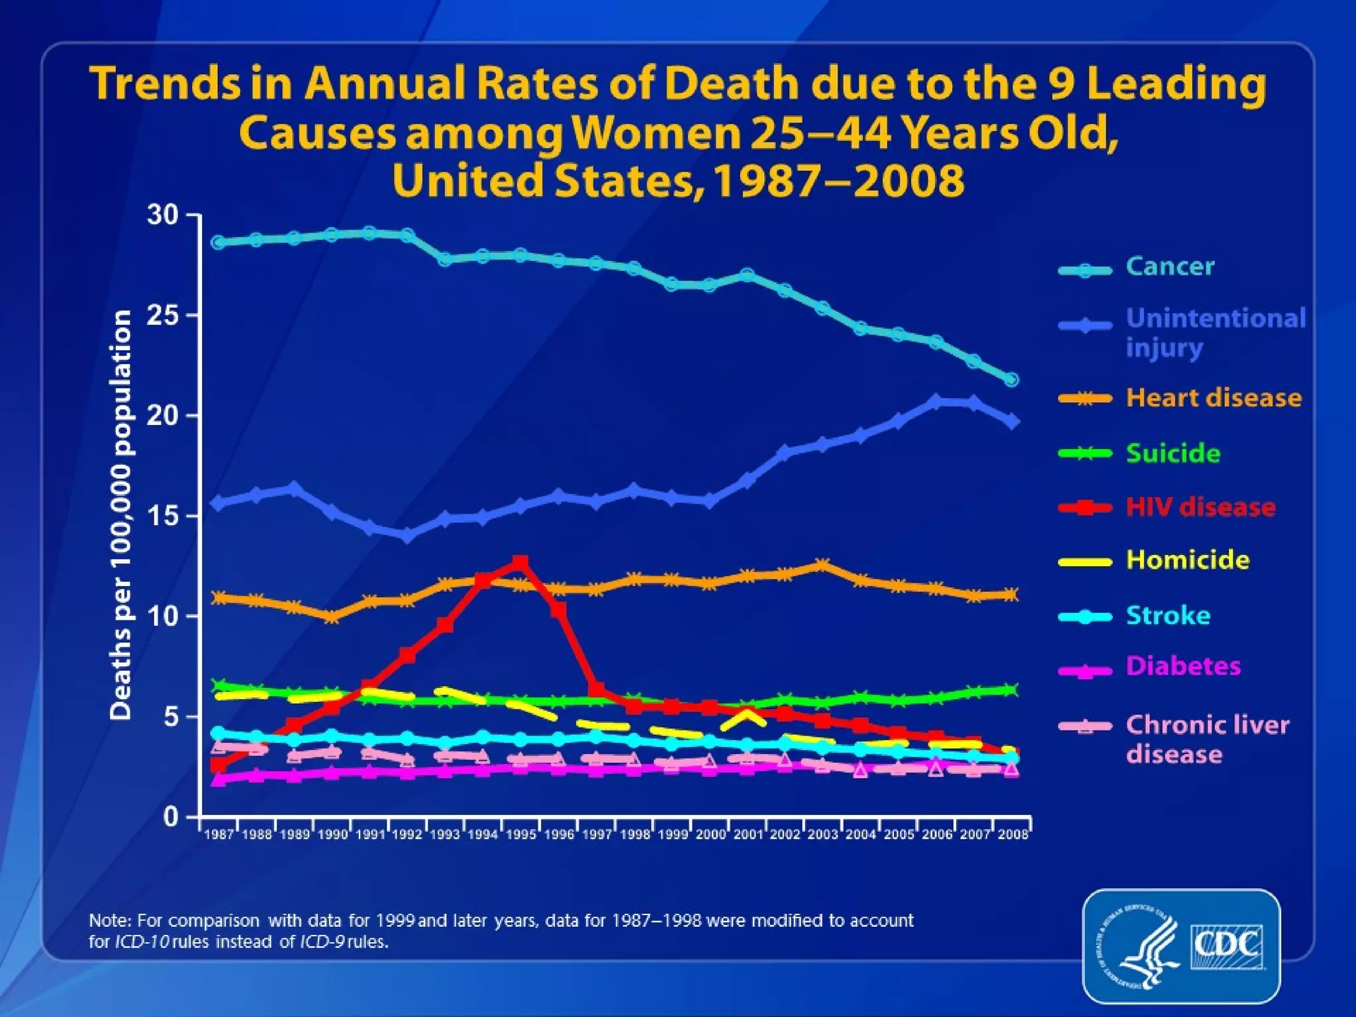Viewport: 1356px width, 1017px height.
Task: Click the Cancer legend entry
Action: point(1170,267)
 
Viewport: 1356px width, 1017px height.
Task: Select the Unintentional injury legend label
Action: point(1216,332)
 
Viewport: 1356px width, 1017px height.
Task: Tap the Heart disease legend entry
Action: point(1214,398)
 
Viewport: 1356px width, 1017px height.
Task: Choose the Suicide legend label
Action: point(1173,454)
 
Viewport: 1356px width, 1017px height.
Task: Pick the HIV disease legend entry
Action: point(1201,507)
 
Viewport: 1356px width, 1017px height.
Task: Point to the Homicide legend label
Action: point(1188,560)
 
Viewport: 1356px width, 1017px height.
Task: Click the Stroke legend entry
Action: point(1169,616)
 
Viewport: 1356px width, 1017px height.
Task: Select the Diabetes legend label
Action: point(1183,666)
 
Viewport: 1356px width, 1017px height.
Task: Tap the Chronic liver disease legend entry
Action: point(1207,740)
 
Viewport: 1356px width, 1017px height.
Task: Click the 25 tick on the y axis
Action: point(162,316)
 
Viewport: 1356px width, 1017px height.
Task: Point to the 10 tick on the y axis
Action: point(162,616)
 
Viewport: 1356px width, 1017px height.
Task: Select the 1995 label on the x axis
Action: point(521,835)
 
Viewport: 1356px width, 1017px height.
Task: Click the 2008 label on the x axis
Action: point(1012,835)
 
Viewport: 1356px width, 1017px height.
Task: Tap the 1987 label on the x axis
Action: point(218,835)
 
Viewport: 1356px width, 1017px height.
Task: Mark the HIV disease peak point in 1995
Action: point(520,563)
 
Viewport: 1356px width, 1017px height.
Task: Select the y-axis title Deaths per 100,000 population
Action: point(121,515)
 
